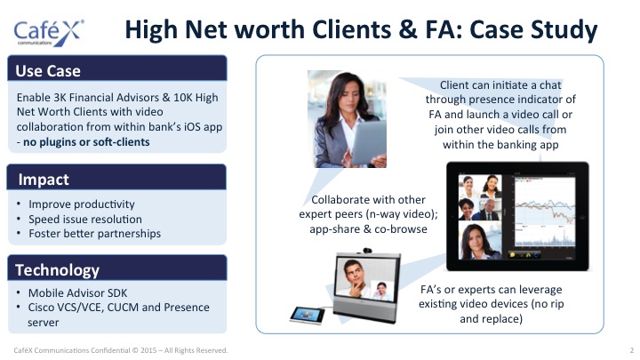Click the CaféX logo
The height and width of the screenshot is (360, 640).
(x=49, y=32)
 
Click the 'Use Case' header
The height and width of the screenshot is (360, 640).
(x=48, y=70)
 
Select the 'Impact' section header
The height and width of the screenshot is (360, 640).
(x=44, y=180)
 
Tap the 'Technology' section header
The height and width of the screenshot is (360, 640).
(x=57, y=270)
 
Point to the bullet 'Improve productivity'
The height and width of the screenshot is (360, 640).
(x=82, y=204)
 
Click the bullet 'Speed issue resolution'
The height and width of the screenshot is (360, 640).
(x=85, y=220)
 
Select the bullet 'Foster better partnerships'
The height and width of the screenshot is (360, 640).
(x=95, y=234)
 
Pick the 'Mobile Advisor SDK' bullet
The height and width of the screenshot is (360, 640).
(x=77, y=293)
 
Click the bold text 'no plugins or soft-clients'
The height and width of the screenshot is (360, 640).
(x=86, y=142)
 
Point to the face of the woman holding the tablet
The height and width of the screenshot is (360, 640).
(x=349, y=95)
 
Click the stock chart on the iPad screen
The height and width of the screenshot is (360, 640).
(x=545, y=212)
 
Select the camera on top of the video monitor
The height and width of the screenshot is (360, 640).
(x=366, y=250)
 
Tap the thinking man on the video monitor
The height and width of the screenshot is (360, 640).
(x=355, y=278)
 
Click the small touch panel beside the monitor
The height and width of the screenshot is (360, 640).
(x=308, y=315)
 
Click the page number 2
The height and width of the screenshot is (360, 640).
(x=631, y=350)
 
